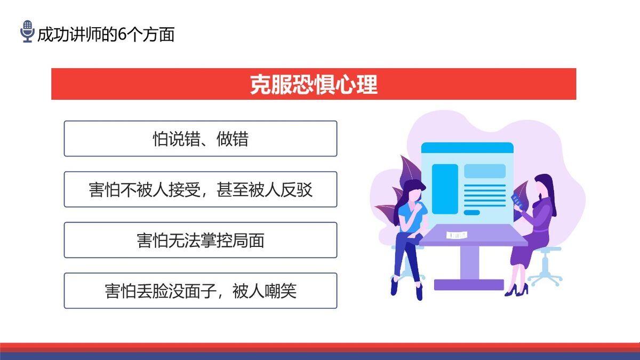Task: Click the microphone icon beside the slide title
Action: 27,32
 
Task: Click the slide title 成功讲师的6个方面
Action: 106,35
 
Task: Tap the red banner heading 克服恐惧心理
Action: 314,84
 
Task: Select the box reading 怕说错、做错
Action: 201,139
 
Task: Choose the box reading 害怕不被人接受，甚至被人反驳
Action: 201,189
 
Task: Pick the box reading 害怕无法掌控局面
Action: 201,240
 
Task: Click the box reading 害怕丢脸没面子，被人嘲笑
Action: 201,291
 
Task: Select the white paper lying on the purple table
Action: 457,235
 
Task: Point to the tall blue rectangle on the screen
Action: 444,189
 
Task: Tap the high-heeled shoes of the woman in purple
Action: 516,290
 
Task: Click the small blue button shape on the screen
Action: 471,212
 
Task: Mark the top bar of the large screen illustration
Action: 467,147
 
